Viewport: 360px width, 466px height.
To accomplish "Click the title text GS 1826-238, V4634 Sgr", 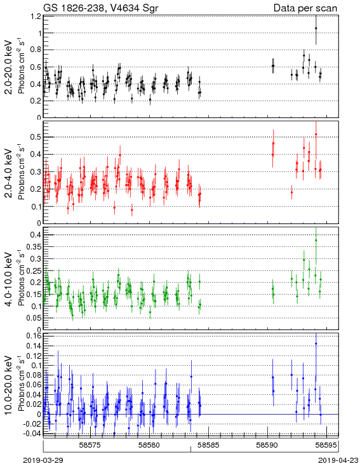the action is click(x=101, y=8).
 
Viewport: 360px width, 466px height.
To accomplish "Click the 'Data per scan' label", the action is click(x=305, y=8).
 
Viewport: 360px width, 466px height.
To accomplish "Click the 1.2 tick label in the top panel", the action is click(x=36, y=17).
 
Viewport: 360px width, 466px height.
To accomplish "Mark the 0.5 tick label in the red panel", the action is click(x=36, y=137).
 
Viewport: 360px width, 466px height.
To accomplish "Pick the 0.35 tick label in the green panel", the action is click(x=34, y=247).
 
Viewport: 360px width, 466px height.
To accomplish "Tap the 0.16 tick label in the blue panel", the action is click(x=34, y=336).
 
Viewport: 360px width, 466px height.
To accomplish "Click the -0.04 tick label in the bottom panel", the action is click(x=32, y=434).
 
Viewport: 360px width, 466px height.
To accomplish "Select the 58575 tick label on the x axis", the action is click(x=90, y=445).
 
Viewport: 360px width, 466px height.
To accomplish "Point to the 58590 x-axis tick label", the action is click(x=267, y=445).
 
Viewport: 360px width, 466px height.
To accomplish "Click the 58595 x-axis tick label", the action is click(x=326, y=445).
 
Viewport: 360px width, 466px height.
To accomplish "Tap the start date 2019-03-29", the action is click(x=43, y=460).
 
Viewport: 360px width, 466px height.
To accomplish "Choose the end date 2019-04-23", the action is click(x=338, y=460).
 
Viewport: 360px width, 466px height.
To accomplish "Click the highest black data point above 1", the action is click(x=316, y=28).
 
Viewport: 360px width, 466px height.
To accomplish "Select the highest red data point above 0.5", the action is click(x=316, y=135).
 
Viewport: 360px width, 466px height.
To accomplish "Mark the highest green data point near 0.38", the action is click(x=316, y=240).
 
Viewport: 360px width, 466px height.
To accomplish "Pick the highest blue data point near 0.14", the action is click(x=316, y=343).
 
